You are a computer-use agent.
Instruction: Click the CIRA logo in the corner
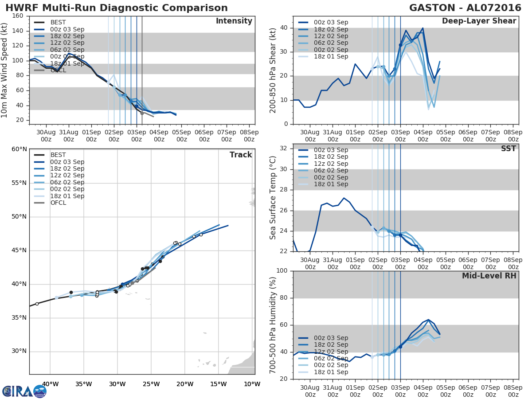point(24,391)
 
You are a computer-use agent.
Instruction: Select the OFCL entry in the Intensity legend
point(58,70)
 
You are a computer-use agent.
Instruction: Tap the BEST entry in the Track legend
point(58,155)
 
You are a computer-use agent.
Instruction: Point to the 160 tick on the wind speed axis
point(18,16)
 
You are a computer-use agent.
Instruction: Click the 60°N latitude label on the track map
point(19,149)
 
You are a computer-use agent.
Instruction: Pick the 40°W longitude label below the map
point(50,384)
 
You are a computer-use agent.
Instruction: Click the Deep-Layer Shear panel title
point(479,21)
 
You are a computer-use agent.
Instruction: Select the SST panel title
point(509,149)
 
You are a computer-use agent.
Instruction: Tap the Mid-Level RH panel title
point(489,276)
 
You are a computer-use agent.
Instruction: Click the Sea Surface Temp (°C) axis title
point(273,197)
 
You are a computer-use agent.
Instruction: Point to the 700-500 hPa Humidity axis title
point(273,325)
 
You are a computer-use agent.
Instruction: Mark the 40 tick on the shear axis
point(284,28)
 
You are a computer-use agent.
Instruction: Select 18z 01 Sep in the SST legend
point(330,184)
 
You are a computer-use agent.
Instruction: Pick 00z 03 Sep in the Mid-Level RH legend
point(330,338)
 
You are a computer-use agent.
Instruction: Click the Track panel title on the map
point(241,155)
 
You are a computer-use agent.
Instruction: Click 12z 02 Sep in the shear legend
point(330,36)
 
